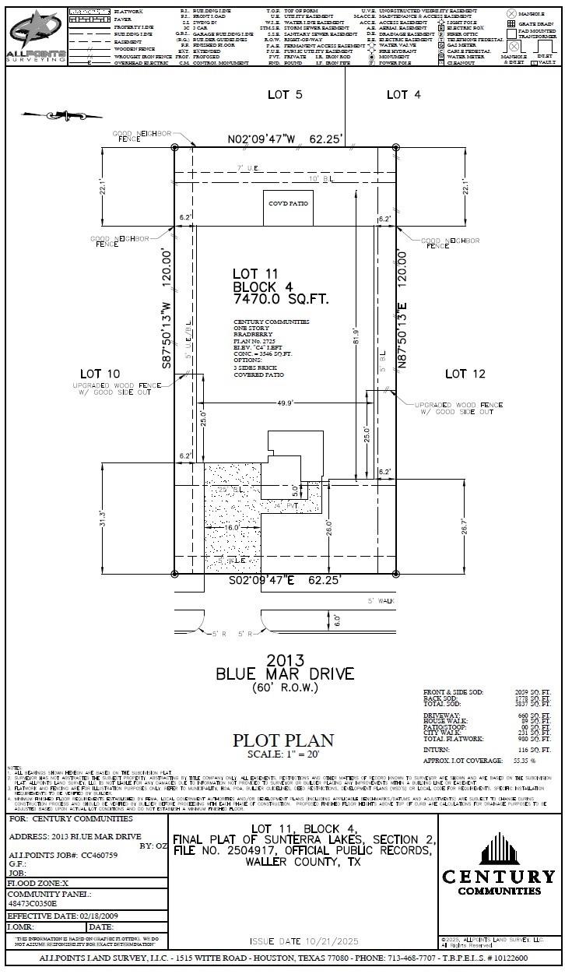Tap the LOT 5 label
pos(285,94)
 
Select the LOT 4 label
pos(404,94)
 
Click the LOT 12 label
pos(465,374)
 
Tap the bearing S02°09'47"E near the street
pos(285,581)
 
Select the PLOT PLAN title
pos(284,740)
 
